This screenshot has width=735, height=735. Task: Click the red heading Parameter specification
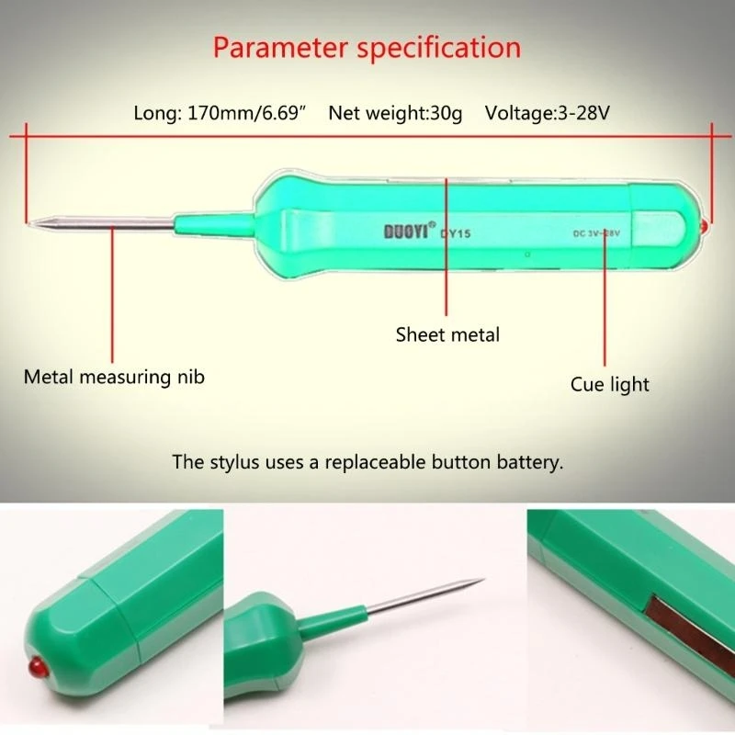[367, 47]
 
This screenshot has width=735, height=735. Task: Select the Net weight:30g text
[396, 114]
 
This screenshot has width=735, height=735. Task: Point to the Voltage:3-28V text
[548, 114]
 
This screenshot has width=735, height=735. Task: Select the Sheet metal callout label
[447, 334]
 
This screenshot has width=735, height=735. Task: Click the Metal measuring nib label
[114, 377]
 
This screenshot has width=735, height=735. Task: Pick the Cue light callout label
[609, 384]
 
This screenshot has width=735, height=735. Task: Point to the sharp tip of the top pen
[30, 223]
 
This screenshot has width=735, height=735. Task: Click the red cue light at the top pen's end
[703, 225]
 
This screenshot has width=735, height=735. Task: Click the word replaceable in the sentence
[382, 461]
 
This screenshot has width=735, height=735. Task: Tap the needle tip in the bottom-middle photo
[482, 580]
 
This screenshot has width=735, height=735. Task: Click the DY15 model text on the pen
[456, 233]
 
